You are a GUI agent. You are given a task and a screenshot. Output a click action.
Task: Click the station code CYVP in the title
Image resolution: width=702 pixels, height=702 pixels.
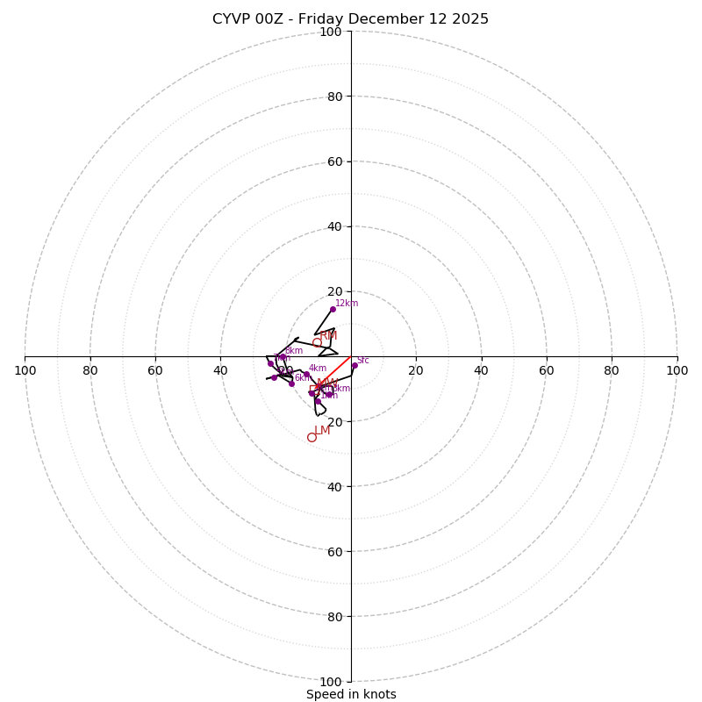click(232, 19)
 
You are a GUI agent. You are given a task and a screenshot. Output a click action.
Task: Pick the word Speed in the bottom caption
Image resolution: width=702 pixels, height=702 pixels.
click(323, 694)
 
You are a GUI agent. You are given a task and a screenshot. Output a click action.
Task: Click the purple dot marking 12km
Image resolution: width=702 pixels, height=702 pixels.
click(333, 309)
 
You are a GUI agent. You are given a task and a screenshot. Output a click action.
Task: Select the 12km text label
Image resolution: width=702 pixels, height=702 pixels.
click(347, 304)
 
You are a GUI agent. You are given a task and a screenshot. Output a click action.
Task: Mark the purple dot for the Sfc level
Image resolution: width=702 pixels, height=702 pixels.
click(355, 365)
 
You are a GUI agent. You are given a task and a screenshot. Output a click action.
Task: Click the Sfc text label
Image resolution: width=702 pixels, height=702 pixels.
click(362, 360)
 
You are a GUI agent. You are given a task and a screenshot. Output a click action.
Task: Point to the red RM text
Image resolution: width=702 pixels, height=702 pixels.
click(328, 336)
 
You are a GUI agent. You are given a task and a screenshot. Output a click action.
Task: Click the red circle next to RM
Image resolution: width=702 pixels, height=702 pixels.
click(317, 343)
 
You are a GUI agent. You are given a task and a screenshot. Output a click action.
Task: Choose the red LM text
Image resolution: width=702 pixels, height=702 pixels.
click(322, 430)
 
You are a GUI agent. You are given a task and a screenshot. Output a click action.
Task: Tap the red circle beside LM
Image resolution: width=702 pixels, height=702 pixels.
click(312, 437)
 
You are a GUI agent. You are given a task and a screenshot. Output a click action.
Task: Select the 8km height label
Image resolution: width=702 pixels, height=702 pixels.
click(293, 351)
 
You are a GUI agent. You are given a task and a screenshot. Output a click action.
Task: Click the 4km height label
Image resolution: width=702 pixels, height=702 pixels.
click(317, 369)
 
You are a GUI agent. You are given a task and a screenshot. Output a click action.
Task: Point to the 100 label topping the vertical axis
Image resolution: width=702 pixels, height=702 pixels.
click(331, 32)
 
